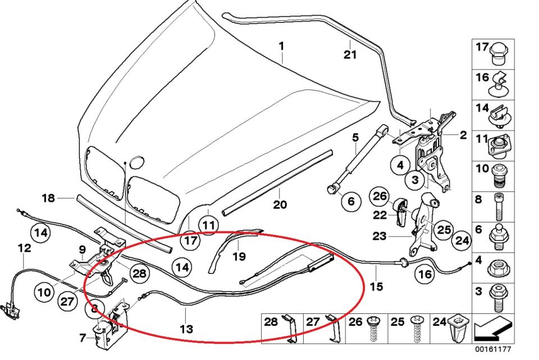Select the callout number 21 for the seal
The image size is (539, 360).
pos(350,54)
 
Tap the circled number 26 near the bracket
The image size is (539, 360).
pos(380,197)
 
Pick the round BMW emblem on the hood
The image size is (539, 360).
pos(138,162)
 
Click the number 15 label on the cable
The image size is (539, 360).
pos(376,287)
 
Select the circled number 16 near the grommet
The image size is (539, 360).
pos(424,275)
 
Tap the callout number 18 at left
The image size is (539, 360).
pos(48,198)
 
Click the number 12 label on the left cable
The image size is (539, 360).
pos(24,247)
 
